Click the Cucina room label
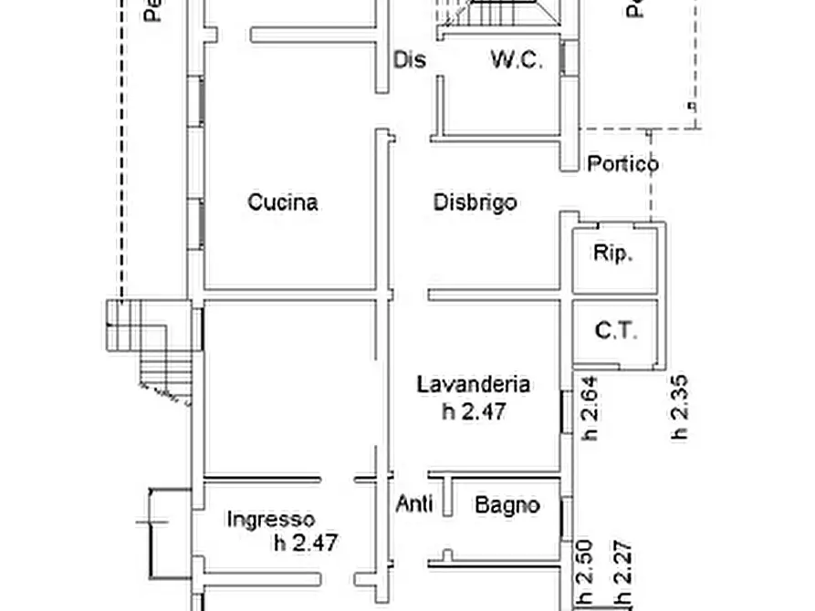coord(283,202)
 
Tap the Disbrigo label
coord(475,202)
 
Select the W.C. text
coord(517,60)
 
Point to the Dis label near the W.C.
coord(410,60)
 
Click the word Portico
coord(622,164)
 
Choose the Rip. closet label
coord(613,254)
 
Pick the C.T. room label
coord(616,330)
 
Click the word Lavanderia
coord(474,384)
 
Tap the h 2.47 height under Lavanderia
coord(474,411)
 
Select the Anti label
coord(414,503)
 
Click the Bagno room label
coord(507,504)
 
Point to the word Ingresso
coord(270,520)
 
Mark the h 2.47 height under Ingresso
coord(306,544)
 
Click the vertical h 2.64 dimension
coord(590,409)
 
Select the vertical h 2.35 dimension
coord(679,409)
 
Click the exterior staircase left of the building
coord(151,351)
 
